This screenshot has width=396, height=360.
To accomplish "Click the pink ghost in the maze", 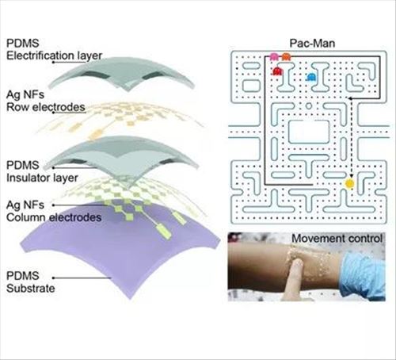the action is (274, 56).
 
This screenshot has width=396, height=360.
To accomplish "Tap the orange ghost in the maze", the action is (286, 56).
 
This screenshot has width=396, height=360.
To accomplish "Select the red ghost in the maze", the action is (277, 71).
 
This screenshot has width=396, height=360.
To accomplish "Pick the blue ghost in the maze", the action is (312, 77).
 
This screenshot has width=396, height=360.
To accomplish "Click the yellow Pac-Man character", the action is (350, 183).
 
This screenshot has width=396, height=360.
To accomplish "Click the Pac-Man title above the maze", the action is (312, 43).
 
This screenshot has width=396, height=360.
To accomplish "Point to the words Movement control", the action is (337, 239).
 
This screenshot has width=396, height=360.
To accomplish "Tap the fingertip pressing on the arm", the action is (299, 263).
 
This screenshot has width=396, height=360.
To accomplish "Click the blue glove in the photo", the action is (364, 274).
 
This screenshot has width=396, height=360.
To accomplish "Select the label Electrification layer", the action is (54, 56).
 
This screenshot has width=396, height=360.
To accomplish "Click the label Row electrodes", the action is (46, 107).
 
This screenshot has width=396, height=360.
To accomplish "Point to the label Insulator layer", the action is (42, 178).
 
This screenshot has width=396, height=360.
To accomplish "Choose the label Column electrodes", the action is (54, 217).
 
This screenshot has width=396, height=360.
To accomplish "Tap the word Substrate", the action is (31, 288).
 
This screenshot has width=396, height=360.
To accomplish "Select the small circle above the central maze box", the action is (308, 106).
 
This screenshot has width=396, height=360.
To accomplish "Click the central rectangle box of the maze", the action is (309, 132).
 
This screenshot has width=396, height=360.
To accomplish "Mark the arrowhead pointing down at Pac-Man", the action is (351, 176).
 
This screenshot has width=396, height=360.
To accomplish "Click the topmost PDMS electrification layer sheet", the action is (121, 74).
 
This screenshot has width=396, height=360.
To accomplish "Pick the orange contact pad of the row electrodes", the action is (96, 135).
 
